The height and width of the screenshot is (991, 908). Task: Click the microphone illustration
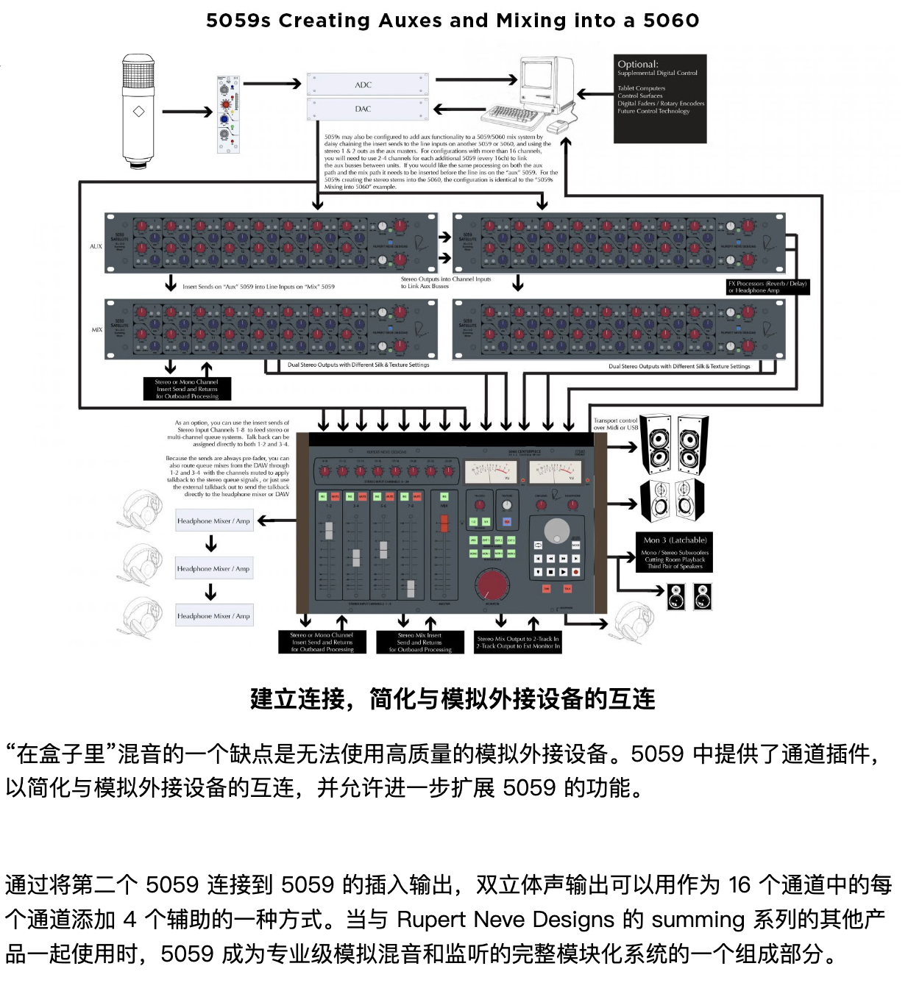point(138,110)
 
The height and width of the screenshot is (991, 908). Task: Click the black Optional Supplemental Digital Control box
point(660,98)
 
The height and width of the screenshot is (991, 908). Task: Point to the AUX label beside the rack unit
point(96,246)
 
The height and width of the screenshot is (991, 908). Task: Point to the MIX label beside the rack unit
point(96,329)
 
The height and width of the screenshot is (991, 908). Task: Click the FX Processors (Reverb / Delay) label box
point(767,287)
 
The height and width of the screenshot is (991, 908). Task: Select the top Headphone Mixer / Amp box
point(214,520)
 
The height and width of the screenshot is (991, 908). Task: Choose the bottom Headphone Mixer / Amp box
point(214,615)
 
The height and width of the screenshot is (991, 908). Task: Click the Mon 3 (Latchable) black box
point(674,552)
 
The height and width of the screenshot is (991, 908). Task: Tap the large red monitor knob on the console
point(492,585)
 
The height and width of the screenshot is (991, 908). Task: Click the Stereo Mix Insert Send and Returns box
point(419,642)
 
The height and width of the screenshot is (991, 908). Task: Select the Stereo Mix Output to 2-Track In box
point(517,642)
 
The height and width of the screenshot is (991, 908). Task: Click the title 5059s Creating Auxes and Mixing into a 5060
point(453,21)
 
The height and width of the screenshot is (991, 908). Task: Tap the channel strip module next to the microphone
point(228,113)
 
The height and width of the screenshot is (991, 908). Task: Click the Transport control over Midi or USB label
point(615,423)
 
